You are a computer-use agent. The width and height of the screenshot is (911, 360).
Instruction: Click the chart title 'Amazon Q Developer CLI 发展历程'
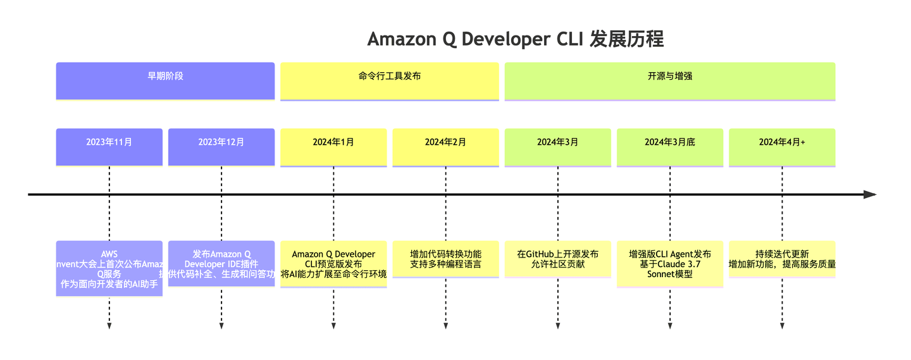point(515,39)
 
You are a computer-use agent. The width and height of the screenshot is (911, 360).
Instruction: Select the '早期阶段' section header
point(165,77)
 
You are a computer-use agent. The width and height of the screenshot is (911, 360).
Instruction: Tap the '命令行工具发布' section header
point(389,77)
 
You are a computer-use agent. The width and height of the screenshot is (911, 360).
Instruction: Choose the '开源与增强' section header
point(669,77)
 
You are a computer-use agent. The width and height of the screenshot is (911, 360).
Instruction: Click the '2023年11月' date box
point(109,142)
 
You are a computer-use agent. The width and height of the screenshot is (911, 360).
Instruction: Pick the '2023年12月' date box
point(221,142)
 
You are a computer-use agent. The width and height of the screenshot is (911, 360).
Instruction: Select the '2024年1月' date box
point(333,142)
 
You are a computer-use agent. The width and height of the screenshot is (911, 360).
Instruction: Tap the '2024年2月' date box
point(445,142)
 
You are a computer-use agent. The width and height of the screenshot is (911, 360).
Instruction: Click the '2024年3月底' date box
point(670,142)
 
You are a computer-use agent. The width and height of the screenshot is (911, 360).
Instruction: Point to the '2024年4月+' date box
point(782,142)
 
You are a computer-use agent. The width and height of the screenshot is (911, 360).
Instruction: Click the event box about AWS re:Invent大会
point(109,269)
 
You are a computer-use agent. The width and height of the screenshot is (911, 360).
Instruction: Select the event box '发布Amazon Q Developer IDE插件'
point(221,264)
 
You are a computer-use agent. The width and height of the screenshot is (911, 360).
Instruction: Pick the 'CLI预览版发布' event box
point(333,264)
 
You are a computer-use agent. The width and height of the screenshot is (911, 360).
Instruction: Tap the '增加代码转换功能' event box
point(445,259)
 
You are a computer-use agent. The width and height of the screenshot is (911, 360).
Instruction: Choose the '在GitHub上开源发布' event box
point(557,259)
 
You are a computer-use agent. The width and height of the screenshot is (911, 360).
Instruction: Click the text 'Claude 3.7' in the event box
point(670,264)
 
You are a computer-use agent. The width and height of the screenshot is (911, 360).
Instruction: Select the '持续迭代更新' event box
point(782,259)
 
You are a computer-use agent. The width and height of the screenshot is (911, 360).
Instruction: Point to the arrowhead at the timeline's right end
point(870,194)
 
